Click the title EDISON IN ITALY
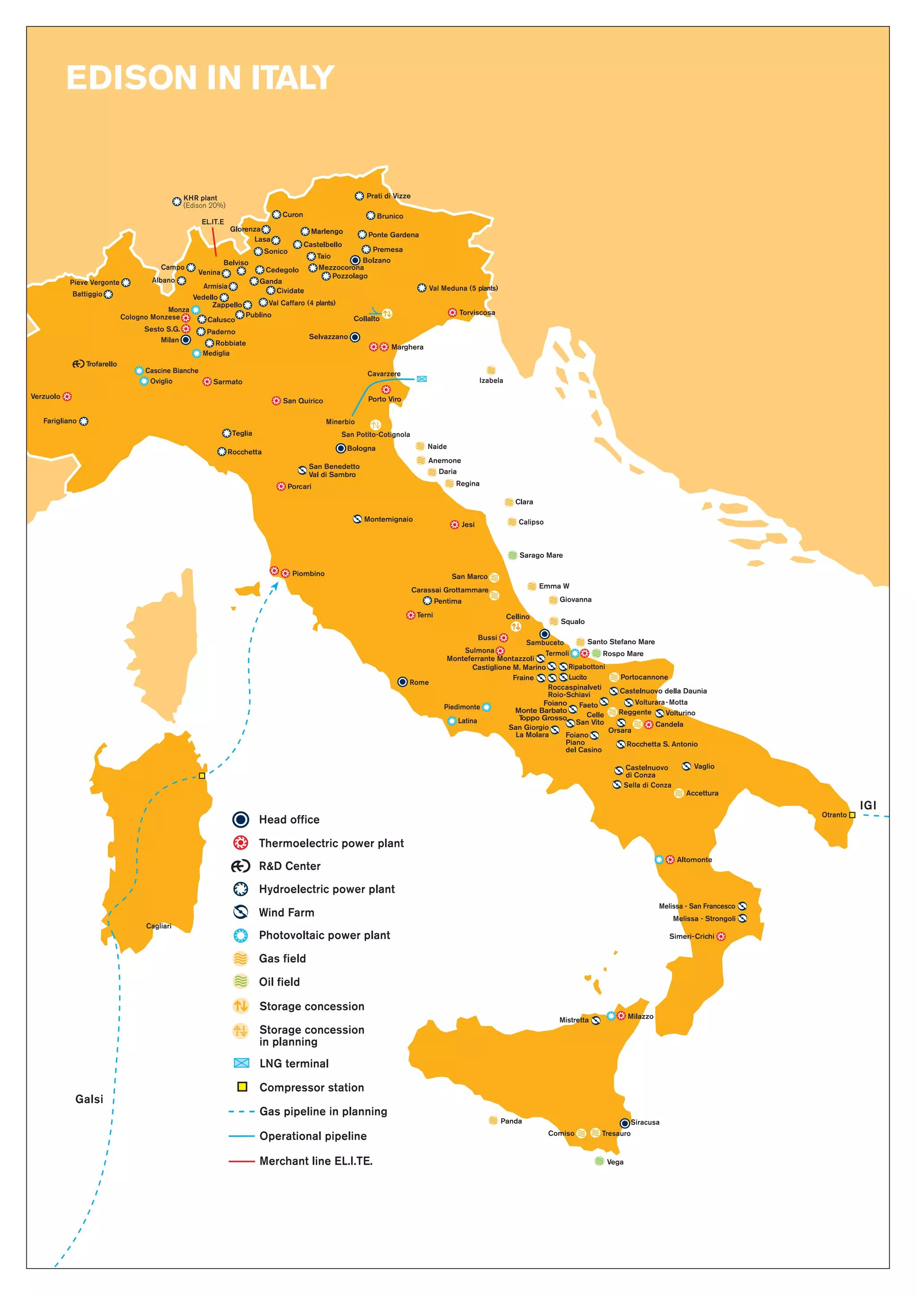coord(200,77)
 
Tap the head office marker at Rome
coord(402,682)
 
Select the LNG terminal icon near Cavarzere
coord(421,379)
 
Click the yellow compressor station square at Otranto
coord(852,815)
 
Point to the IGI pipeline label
coord(868,805)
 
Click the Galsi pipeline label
coord(89,1099)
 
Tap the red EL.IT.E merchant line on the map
coord(214,241)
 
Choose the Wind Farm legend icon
coord(241,912)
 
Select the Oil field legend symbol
coord(241,982)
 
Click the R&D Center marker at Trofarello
coord(78,364)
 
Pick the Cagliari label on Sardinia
coord(158,926)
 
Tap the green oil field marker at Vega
coord(600,1161)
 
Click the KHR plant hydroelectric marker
coord(177,201)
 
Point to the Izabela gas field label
coord(491,380)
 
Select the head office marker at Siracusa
coord(624,1123)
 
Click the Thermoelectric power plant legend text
coord(331,843)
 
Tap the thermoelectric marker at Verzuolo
coord(67,397)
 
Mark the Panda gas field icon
coord(493,1120)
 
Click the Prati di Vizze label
coord(388,196)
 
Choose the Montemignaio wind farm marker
coord(357,519)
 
